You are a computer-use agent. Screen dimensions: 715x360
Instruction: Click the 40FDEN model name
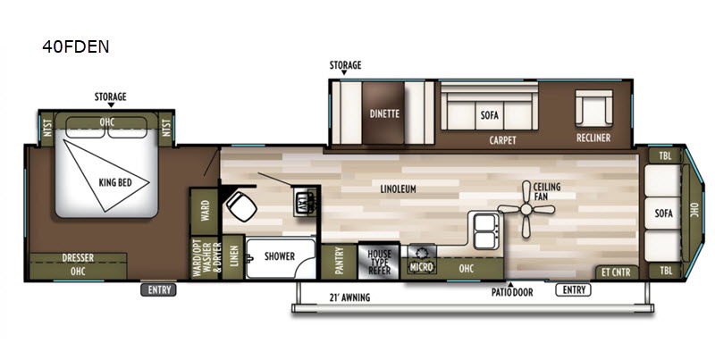76,46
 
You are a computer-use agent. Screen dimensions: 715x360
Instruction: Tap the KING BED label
115,183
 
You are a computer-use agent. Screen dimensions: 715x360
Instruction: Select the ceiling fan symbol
526,210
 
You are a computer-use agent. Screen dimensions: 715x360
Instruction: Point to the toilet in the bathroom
241,206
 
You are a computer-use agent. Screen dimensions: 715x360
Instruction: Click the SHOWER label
280,256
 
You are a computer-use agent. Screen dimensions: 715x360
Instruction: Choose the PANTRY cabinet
339,261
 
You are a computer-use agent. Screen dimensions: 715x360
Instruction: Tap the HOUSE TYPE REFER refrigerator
379,260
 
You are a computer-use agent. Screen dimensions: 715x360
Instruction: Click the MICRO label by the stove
421,267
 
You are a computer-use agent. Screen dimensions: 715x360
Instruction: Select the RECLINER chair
593,108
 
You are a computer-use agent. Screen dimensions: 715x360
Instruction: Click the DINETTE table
384,113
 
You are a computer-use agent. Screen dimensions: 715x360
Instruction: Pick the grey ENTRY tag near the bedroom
159,289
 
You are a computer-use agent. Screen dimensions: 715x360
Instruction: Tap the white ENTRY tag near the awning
574,289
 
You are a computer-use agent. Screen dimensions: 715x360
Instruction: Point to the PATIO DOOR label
511,292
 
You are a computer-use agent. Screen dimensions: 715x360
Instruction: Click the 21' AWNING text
349,298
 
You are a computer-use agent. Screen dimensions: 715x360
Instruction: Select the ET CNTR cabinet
616,272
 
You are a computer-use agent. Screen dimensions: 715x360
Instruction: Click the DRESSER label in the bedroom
78,258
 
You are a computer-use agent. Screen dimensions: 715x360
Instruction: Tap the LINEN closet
233,256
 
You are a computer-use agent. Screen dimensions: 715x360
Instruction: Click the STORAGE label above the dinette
345,65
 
